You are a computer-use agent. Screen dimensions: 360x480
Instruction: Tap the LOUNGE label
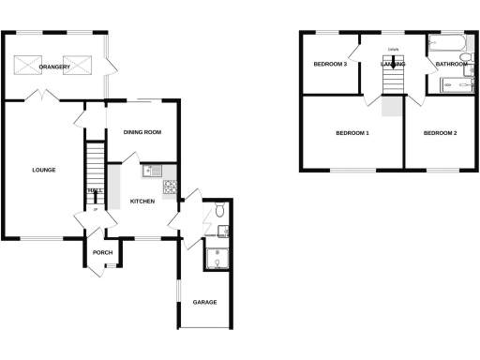[44, 170]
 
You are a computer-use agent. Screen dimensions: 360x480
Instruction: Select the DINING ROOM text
[142, 132]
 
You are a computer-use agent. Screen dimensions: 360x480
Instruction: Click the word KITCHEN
[142, 202]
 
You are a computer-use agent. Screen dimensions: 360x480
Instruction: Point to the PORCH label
[103, 252]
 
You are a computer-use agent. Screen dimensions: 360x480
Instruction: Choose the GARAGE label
[205, 302]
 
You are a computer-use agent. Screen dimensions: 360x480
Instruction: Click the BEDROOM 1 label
[352, 133]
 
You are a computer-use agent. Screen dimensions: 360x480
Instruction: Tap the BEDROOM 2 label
[440, 133]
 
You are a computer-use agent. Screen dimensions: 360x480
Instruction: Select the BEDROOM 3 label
[331, 65]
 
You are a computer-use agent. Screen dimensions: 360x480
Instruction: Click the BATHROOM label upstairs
[451, 64]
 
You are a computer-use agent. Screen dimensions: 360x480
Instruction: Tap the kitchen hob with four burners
[172, 188]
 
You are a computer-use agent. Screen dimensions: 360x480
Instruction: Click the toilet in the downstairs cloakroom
[219, 212]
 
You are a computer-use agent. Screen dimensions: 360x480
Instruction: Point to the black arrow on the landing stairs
[394, 64]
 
